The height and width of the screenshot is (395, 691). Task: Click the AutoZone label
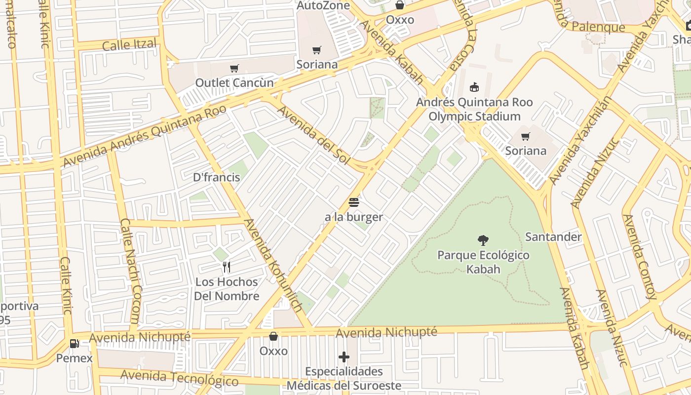[323, 5]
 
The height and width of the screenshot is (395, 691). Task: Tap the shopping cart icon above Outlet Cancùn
[234, 68]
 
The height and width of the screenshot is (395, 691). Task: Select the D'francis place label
[217, 177]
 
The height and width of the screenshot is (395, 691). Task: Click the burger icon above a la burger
[354, 202]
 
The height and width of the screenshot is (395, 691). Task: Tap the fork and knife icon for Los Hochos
[227, 267]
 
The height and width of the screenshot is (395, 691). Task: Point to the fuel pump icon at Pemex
[74, 343]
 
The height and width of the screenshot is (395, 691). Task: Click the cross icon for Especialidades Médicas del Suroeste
[344, 357]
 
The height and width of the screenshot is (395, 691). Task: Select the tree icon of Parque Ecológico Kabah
[483, 240]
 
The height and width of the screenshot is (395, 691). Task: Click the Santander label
[553, 237]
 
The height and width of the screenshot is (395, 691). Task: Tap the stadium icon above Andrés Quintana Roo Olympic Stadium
[474, 87]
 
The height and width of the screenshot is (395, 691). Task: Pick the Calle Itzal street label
[129, 44]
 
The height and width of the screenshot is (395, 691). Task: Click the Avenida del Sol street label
[313, 135]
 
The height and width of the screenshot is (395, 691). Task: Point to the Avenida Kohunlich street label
[273, 265]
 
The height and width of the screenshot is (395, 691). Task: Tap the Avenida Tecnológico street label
[179, 378]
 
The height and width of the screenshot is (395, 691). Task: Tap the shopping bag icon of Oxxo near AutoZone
[400, 5]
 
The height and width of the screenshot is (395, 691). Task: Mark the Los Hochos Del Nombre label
[227, 289]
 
